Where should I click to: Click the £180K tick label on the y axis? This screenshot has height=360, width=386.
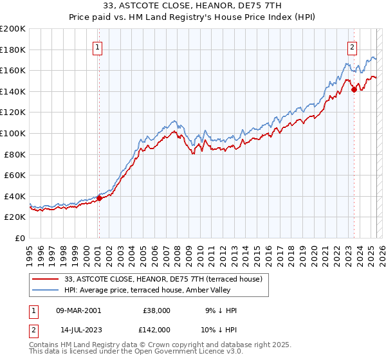(x=13, y=50)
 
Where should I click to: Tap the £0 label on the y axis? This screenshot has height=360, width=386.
(x=19, y=238)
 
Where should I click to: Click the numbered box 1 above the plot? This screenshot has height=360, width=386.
(x=97, y=47)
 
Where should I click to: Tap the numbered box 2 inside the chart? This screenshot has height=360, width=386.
(x=353, y=47)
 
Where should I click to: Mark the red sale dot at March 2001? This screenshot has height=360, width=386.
(x=99, y=198)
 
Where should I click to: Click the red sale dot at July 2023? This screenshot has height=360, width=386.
(x=354, y=89)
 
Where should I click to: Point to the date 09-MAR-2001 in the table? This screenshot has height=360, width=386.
(x=78, y=310)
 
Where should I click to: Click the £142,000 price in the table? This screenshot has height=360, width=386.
(x=156, y=330)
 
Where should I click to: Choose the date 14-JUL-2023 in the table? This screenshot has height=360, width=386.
(x=78, y=330)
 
